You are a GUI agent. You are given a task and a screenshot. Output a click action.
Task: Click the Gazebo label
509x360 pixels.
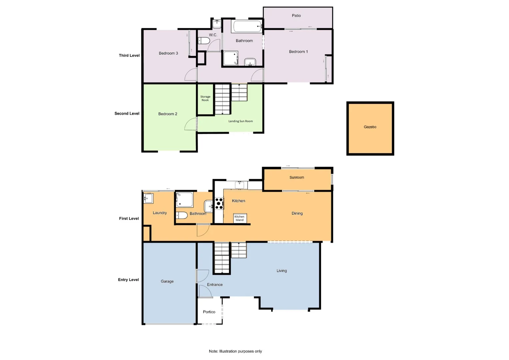(x=370, y=127)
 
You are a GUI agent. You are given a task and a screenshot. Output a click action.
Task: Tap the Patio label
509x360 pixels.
(x=296, y=16)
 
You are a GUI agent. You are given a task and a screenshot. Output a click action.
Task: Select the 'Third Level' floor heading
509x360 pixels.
(x=129, y=56)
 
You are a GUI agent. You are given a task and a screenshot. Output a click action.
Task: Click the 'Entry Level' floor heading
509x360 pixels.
(x=128, y=280)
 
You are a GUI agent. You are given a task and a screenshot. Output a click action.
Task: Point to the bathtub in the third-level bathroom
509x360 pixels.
(x=247, y=26)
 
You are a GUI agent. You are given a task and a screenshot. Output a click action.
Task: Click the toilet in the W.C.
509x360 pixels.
(x=204, y=41)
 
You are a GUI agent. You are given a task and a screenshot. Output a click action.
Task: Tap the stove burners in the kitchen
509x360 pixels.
(x=219, y=204)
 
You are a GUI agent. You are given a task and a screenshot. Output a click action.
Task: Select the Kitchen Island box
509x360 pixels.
(x=240, y=218)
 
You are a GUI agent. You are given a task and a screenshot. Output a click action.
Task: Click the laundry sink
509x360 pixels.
(x=148, y=199)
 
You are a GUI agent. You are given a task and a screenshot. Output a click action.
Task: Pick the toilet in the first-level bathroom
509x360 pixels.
(x=181, y=215)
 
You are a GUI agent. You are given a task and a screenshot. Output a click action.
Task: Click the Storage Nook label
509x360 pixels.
(x=205, y=98)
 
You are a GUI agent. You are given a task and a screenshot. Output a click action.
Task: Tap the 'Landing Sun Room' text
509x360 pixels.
(x=240, y=121)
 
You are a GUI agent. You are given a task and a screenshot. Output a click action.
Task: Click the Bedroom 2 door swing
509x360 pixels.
(x=191, y=124)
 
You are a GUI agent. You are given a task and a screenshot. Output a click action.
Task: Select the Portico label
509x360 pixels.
(x=209, y=312)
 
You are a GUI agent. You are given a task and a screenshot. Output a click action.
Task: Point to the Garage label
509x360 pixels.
(x=167, y=281)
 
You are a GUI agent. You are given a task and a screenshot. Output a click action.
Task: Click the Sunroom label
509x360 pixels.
(x=297, y=178)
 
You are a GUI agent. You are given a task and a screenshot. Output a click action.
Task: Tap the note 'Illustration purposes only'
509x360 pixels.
(x=235, y=351)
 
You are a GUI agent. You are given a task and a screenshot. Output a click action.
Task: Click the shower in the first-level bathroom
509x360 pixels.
(x=184, y=200)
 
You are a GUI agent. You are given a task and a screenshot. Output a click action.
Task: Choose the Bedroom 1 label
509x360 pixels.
(x=298, y=52)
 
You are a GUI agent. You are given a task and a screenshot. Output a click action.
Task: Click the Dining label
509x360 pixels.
(x=297, y=213)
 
